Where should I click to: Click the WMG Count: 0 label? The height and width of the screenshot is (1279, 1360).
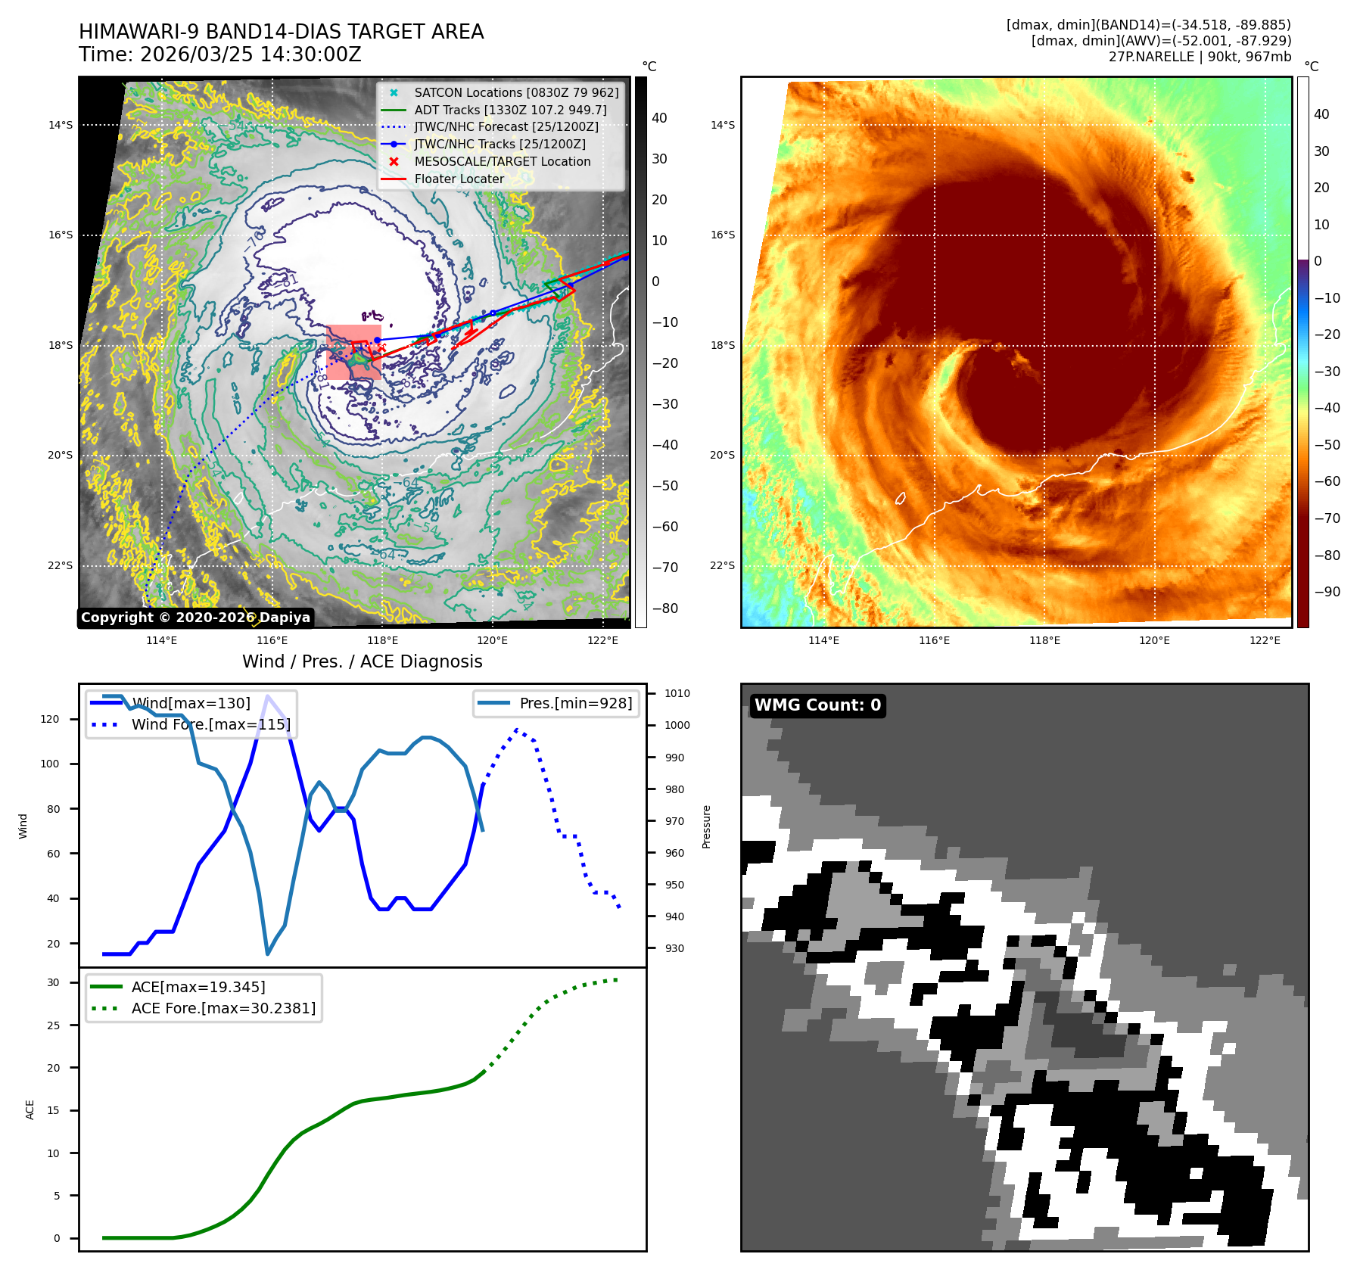tap(817, 705)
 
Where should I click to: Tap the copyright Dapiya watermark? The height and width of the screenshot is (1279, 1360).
tap(195, 618)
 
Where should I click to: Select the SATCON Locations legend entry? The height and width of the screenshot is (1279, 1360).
tap(516, 92)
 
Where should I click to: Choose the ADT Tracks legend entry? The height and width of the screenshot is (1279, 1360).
tap(510, 110)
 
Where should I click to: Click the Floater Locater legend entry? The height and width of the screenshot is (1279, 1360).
tap(459, 179)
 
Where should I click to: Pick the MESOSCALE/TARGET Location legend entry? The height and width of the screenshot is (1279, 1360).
tap(502, 161)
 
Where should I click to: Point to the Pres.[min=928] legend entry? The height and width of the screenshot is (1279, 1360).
tap(575, 703)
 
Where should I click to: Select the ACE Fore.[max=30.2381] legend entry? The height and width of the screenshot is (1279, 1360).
tap(223, 1008)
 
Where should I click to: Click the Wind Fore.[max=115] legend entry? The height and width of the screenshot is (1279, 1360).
tap(210, 724)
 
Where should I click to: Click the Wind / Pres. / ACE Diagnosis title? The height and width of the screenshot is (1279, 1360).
tap(362, 661)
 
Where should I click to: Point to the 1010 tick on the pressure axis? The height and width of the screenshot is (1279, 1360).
tap(677, 693)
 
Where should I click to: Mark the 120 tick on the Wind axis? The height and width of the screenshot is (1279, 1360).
tap(50, 719)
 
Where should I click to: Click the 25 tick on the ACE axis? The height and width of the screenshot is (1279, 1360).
tap(53, 1025)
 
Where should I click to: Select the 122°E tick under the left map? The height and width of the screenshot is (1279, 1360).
tap(602, 640)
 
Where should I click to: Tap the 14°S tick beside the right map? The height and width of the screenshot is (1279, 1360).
tap(722, 125)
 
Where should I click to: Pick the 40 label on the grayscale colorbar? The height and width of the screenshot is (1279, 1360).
tap(659, 118)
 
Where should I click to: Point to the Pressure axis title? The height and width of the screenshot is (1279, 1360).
tap(706, 826)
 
